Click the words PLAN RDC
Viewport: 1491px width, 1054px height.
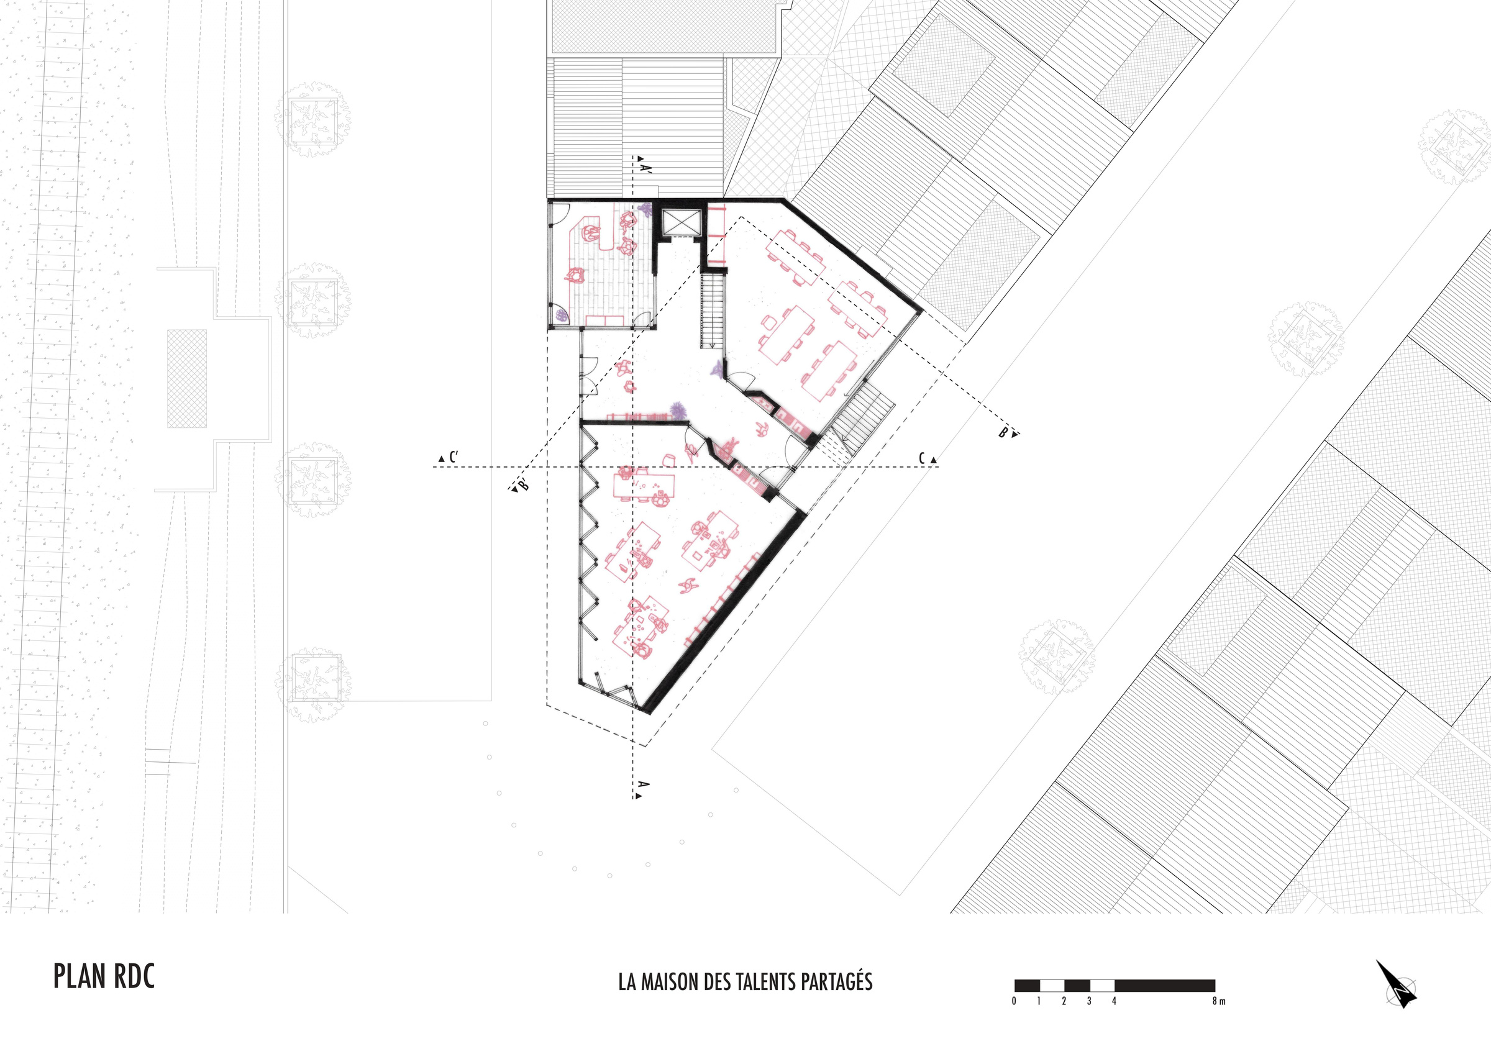click(104, 977)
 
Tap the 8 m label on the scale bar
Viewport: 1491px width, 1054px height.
click(1218, 1001)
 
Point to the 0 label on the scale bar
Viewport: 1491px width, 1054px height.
click(1015, 1001)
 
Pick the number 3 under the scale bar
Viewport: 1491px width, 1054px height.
click(1089, 1001)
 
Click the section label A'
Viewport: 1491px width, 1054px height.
click(645, 168)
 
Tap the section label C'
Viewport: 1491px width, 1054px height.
click(453, 457)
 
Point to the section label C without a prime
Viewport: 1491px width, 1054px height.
click(922, 458)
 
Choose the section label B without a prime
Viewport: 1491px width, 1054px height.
click(1004, 432)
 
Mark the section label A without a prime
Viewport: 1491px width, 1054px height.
click(644, 784)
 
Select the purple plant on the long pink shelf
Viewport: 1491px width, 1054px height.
click(678, 411)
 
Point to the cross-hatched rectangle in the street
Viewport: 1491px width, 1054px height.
click(187, 378)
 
